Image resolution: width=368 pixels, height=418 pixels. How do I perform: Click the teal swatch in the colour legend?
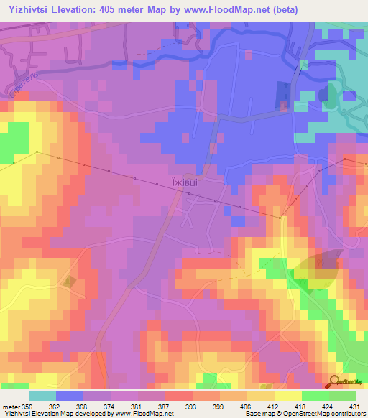coord(42,396)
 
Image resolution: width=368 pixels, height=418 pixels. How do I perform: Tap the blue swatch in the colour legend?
coord(70,396)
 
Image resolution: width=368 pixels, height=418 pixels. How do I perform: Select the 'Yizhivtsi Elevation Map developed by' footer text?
coord(50,414)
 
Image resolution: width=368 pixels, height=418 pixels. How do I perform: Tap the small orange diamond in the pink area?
coord(69,282)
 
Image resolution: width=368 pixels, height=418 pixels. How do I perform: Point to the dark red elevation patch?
coord(328,267)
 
